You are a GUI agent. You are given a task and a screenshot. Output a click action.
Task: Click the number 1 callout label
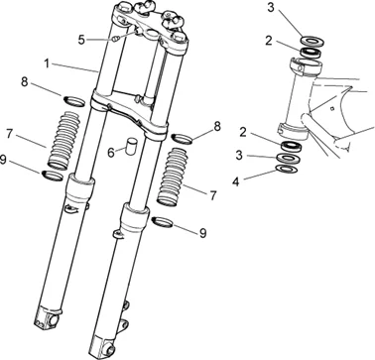point(47,63)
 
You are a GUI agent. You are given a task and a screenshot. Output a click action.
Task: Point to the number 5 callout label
point(82,40)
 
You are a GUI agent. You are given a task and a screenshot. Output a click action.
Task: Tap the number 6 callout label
point(111,153)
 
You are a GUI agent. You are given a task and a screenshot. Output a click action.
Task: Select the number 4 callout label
point(235,181)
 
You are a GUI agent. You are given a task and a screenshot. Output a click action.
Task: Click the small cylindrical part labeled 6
point(131,145)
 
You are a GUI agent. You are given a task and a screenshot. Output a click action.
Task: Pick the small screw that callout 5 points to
point(115,39)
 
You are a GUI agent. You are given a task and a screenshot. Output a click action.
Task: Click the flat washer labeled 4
point(287,169)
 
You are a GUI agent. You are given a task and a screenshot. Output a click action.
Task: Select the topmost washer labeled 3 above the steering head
point(312,41)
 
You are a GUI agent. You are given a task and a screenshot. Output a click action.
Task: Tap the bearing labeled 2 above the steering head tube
point(311,53)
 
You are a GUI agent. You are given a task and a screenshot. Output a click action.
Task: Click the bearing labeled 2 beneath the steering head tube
point(292,146)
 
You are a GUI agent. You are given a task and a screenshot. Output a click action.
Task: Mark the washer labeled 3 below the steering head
point(287,158)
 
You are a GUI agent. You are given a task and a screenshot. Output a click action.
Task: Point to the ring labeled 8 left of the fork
point(73,101)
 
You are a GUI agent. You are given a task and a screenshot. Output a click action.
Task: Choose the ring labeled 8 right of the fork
point(183,138)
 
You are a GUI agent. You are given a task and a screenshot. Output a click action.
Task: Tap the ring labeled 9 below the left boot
point(53,175)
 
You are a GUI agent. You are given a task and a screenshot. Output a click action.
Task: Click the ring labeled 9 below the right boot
point(163,222)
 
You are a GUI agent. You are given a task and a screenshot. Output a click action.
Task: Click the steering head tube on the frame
point(298,99)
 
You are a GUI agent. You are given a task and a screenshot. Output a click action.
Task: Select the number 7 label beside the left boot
point(10,134)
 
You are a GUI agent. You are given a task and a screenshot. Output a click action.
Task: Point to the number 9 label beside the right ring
point(202,233)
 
